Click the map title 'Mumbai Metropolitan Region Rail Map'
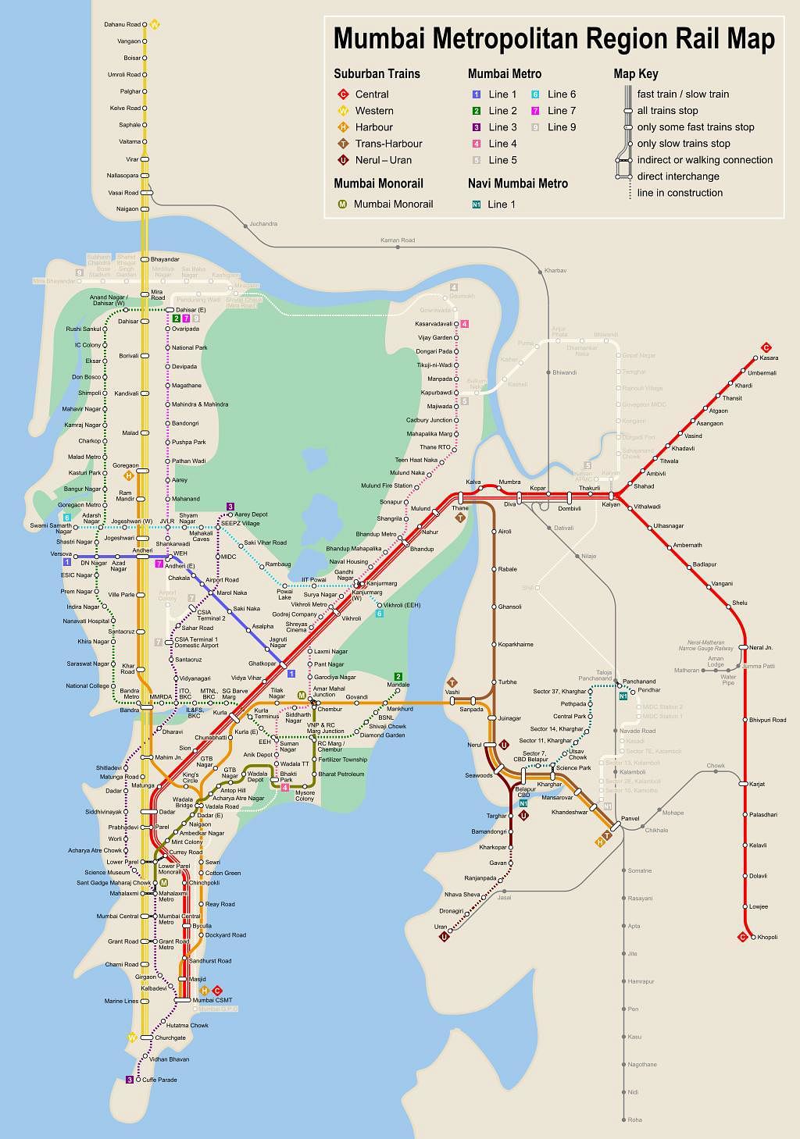(x=554, y=38)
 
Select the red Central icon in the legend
(x=342, y=94)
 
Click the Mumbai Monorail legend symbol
(x=342, y=205)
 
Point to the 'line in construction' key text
(x=679, y=193)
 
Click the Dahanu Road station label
(x=122, y=25)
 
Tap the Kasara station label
(x=768, y=358)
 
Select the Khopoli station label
(x=767, y=937)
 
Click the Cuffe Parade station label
(x=159, y=1080)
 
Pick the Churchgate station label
(x=170, y=1038)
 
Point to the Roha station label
(x=635, y=1119)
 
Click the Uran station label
(x=441, y=927)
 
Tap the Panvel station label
(x=630, y=819)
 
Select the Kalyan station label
(x=610, y=504)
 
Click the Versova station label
(x=61, y=553)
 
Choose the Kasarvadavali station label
(x=434, y=323)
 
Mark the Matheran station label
(x=687, y=670)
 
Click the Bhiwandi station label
(x=564, y=372)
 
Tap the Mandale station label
(x=398, y=685)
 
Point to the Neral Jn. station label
(x=761, y=647)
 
